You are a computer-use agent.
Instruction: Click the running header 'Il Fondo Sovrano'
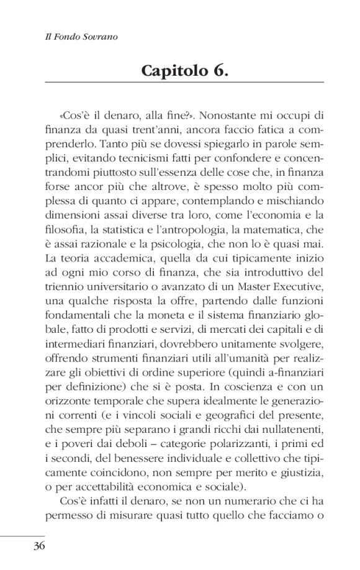[77, 37]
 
